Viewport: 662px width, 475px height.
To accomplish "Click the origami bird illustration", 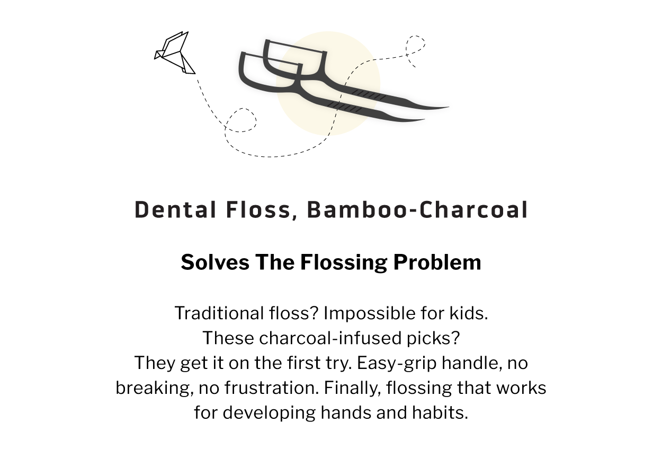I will tap(175, 54).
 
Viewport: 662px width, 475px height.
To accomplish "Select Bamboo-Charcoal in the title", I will tap(417, 210).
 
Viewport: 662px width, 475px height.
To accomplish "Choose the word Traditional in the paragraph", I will tap(218, 313).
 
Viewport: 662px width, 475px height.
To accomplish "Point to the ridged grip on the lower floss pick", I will tap(345, 108).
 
